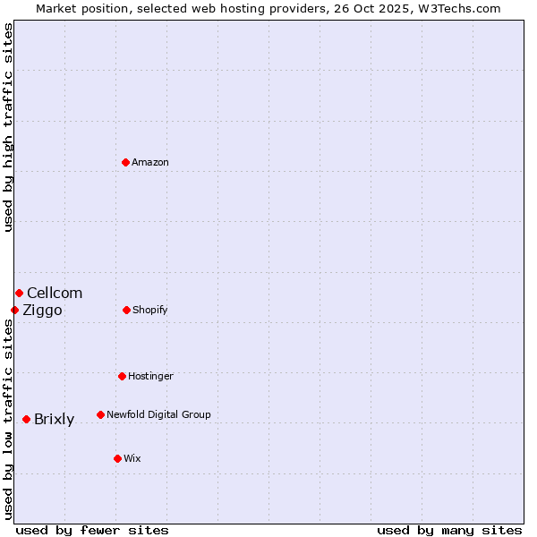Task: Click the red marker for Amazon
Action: (125, 162)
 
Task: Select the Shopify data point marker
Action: (126, 310)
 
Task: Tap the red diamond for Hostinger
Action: (122, 376)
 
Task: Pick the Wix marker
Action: (117, 458)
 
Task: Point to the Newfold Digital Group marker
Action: (100, 414)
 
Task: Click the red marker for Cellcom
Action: (19, 293)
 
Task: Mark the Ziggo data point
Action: (14, 310)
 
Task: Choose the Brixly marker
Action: (26, 419)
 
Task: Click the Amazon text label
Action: (150, 162)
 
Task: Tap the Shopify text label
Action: (150, 310)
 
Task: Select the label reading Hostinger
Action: (150, 376)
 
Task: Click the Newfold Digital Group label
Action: (158, 414)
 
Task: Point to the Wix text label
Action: (132, 458)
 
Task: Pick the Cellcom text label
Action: (55, 293)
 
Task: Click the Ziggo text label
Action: (42, 310)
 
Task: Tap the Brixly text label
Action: (54, 419)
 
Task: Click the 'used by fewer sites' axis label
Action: (92, 530)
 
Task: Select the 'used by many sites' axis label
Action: (449, 530)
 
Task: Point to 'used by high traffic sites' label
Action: (8, 127)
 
